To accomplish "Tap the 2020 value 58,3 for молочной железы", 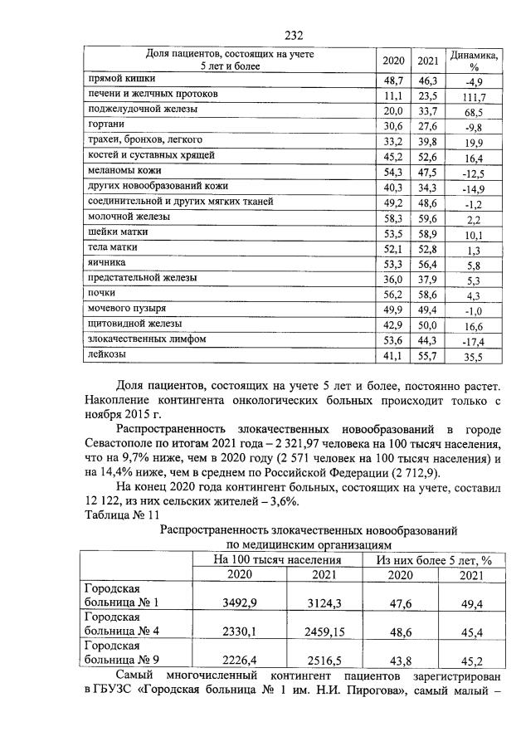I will [392, 218].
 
